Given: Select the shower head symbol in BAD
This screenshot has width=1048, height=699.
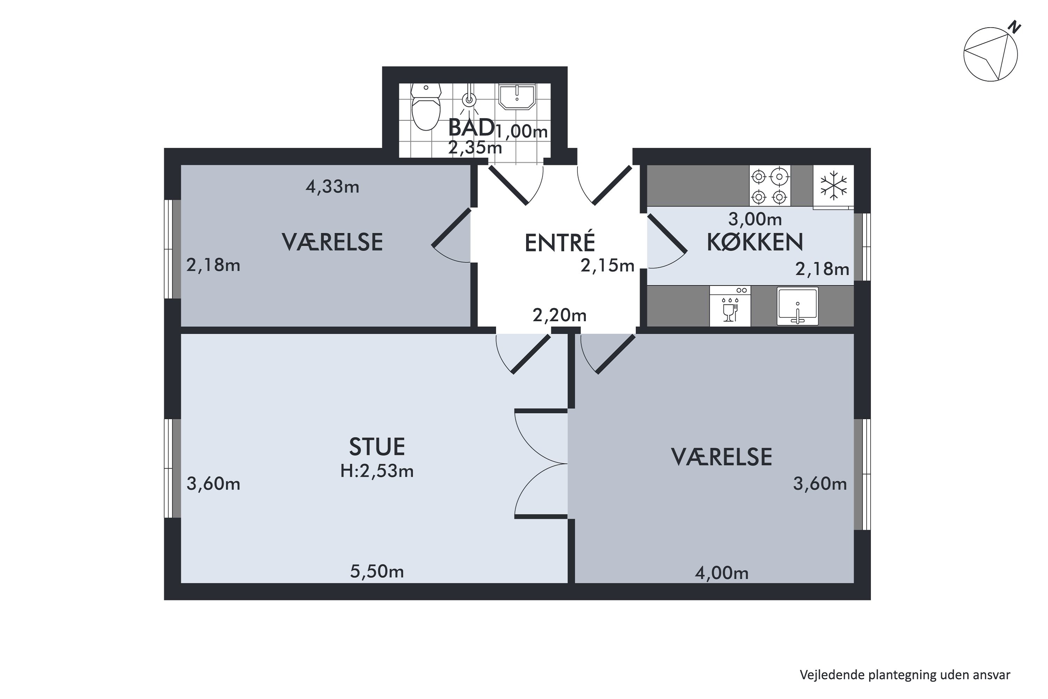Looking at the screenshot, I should point(469,100).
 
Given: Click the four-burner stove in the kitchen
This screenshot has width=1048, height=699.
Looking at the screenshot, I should point(770,186).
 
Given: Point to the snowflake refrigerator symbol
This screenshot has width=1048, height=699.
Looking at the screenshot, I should point(833,186).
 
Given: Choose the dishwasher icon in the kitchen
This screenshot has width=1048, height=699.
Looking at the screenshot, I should point(730,306).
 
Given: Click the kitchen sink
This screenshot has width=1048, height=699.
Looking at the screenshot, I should point(798,306).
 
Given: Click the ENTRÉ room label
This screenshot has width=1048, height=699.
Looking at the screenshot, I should point(560,243).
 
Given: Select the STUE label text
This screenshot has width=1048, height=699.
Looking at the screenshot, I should point(377,447).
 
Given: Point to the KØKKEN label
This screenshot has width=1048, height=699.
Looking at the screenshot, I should point(755,242).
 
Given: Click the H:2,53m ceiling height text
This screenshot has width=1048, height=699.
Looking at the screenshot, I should point(377,471).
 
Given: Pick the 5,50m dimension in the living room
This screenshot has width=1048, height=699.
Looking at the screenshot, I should point(377,571).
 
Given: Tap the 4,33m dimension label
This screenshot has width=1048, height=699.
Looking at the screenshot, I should point(333,187).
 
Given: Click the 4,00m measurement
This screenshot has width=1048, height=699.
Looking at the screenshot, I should point(721,573).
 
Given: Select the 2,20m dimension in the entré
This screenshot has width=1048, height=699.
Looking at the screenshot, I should point(560,316).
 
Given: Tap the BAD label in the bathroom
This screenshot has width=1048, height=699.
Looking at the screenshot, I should point(471,128).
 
